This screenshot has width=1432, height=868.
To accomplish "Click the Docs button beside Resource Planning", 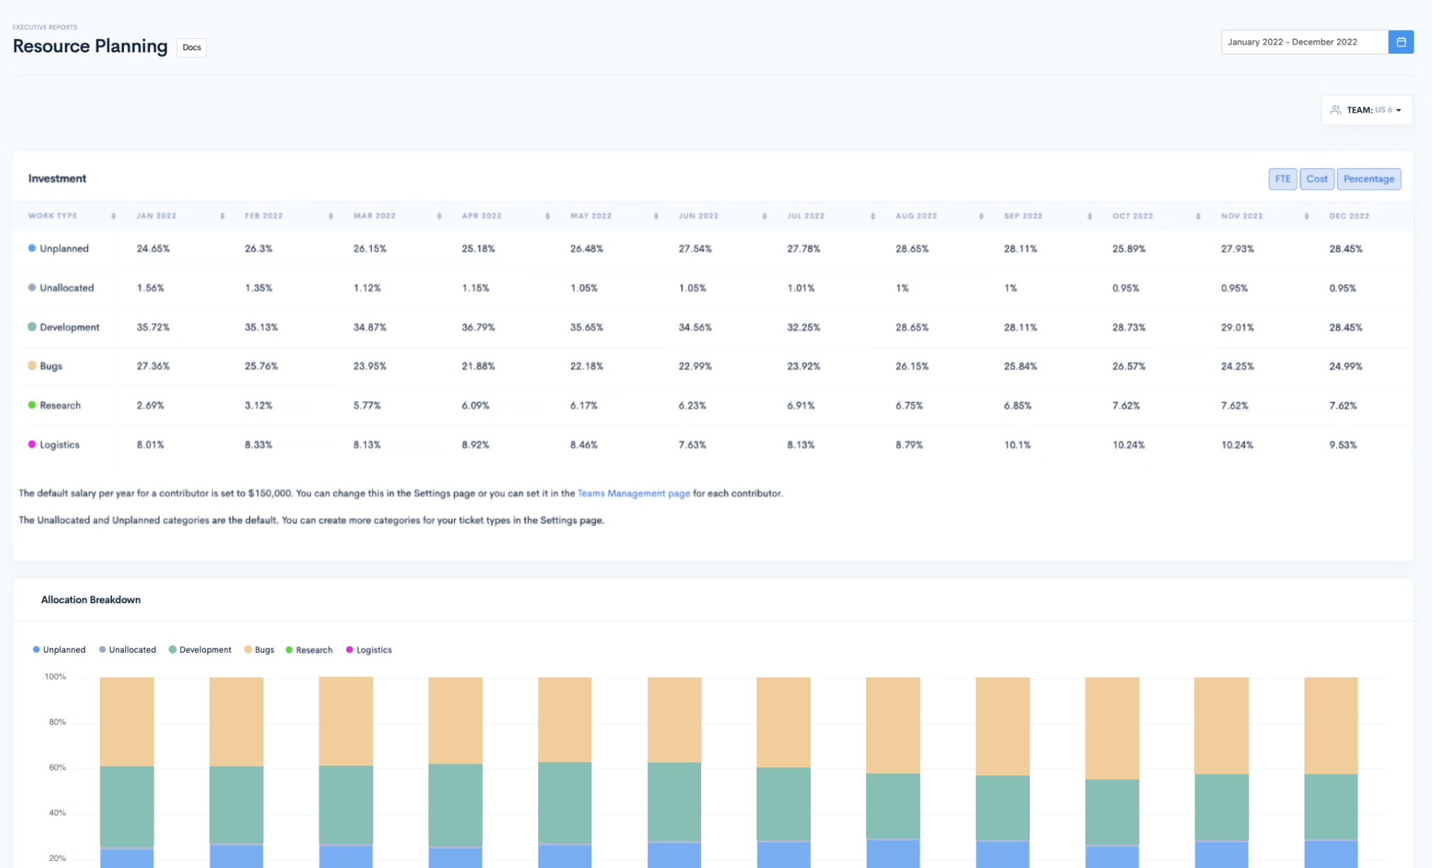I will (191, 47).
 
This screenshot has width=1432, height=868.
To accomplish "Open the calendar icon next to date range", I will (1400, 42).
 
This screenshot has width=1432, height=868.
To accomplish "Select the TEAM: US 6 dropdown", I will (1366, 110).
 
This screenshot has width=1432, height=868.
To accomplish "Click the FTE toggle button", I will (1282, 179).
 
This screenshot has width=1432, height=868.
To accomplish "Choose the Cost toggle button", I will (1316, 179).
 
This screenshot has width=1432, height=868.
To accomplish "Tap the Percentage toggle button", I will (1368, 179).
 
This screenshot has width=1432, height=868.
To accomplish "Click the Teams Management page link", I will (633, 493).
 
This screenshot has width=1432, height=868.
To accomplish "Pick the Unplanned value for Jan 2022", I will (153, 249).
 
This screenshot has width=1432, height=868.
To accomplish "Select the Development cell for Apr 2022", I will (478, 327).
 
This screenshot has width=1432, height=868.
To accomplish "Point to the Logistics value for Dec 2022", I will (1342, 445).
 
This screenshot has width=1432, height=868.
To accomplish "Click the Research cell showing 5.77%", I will (367, 406).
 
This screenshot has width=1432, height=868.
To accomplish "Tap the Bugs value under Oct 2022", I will (1128, 366).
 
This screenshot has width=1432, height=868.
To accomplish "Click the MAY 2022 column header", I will (591, 216).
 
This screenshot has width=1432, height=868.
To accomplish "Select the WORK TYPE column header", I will (53, 216).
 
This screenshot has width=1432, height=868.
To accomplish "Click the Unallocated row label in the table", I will (67, 288).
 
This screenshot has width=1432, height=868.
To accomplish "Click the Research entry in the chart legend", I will (313, 650).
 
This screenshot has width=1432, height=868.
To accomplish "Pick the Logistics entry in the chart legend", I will (373, 650).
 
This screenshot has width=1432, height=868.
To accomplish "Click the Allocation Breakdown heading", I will (91, 600).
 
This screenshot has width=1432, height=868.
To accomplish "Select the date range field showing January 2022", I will (1303, 42).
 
